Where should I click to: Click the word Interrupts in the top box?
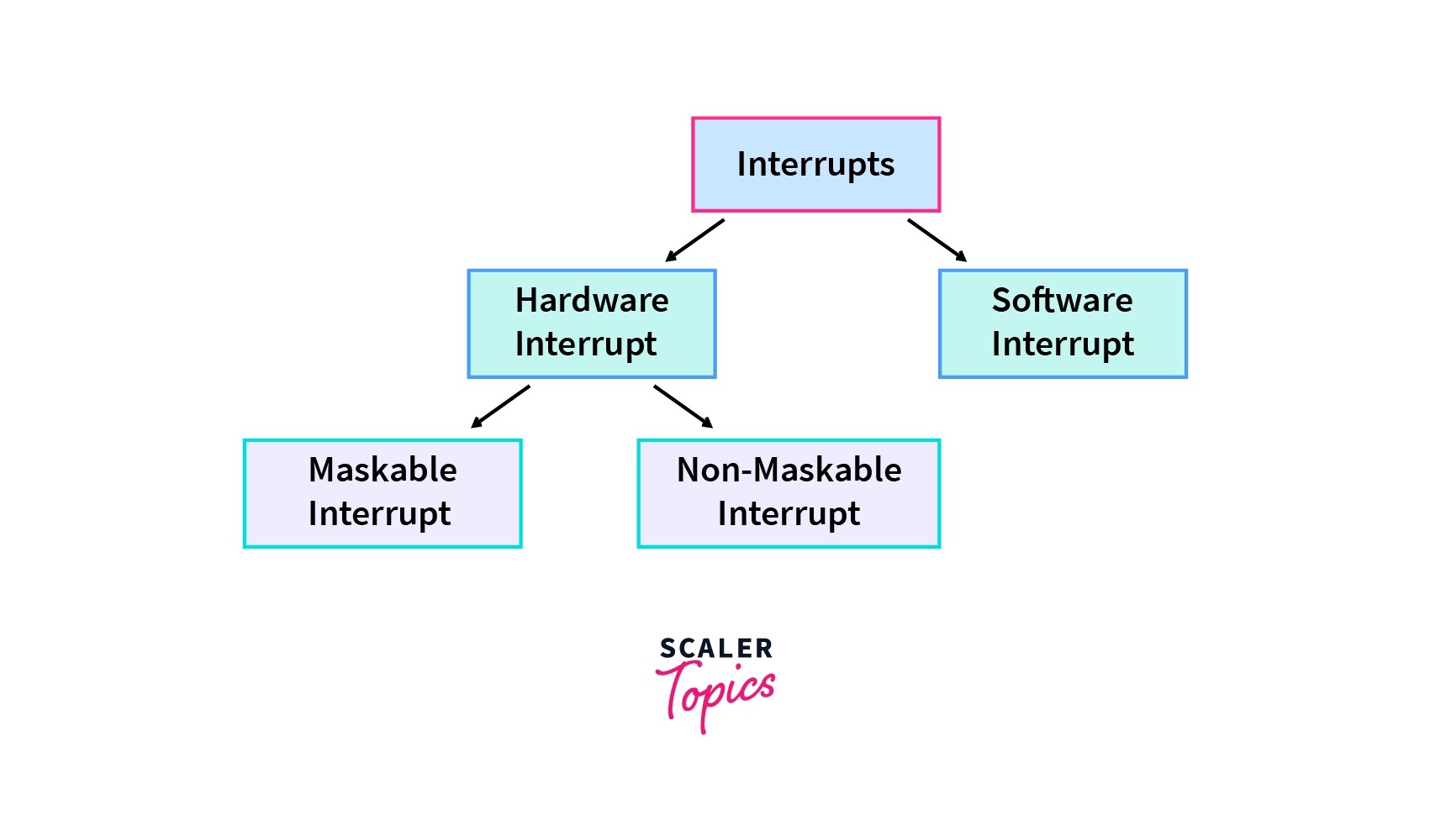[815, 165]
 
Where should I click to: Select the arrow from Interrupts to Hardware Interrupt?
[695, 240]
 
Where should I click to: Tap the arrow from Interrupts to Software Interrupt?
[937, 240]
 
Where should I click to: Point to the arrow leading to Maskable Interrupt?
[500, 407]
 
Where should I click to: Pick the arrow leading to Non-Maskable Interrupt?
[683, 407]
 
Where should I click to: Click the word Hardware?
[592, 301]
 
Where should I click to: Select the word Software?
[1062, 301]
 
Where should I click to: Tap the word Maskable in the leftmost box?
[383, 470]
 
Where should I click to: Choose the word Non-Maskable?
[789, 470]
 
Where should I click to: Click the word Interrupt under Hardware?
[586, 344]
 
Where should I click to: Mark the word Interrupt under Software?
[1063, 344]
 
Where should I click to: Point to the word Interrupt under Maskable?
[379, 514]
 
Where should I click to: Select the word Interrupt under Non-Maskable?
[789, 514]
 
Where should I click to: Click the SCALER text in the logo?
[716, 649]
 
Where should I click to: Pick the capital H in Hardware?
[526, 301]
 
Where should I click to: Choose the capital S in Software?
[1002, 301]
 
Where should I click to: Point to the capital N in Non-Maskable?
[689, 470]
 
